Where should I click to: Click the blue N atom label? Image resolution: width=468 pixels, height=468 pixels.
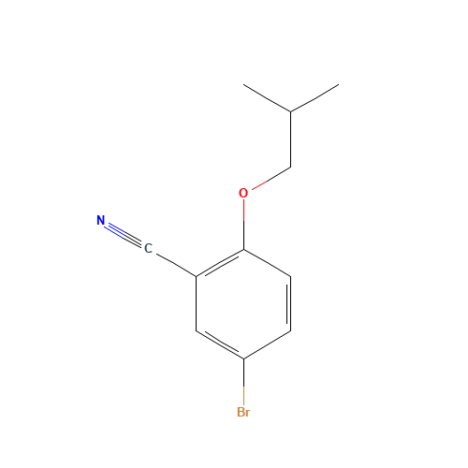tap(101, 221)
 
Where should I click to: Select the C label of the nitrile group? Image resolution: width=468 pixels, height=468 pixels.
tap(148, 248)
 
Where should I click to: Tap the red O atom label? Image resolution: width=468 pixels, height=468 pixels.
tap(243, 194)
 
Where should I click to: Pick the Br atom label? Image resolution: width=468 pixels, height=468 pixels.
tap(243, 412)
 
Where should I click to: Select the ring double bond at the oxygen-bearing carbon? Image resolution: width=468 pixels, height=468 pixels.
tap(220, 263)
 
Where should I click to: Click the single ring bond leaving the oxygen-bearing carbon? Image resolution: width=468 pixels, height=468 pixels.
tap(267, 263)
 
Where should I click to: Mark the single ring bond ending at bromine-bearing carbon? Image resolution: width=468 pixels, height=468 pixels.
tap(267, 344)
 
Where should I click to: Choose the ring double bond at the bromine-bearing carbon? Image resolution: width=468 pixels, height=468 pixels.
tap(220, 344)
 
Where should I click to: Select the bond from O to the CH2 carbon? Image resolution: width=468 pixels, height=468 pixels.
tap(270, 179)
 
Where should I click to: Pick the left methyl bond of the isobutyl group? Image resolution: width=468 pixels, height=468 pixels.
tap(268, 99)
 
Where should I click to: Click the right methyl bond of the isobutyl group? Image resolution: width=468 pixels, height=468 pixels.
tap(314, 99)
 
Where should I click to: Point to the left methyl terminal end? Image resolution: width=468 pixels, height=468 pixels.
tap(245, 86)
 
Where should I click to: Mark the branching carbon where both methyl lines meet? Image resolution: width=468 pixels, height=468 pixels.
tap(291, 112)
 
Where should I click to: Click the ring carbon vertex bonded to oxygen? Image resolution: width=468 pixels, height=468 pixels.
tap(243, 249)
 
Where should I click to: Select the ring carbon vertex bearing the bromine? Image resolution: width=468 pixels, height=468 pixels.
tap(243, 358)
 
